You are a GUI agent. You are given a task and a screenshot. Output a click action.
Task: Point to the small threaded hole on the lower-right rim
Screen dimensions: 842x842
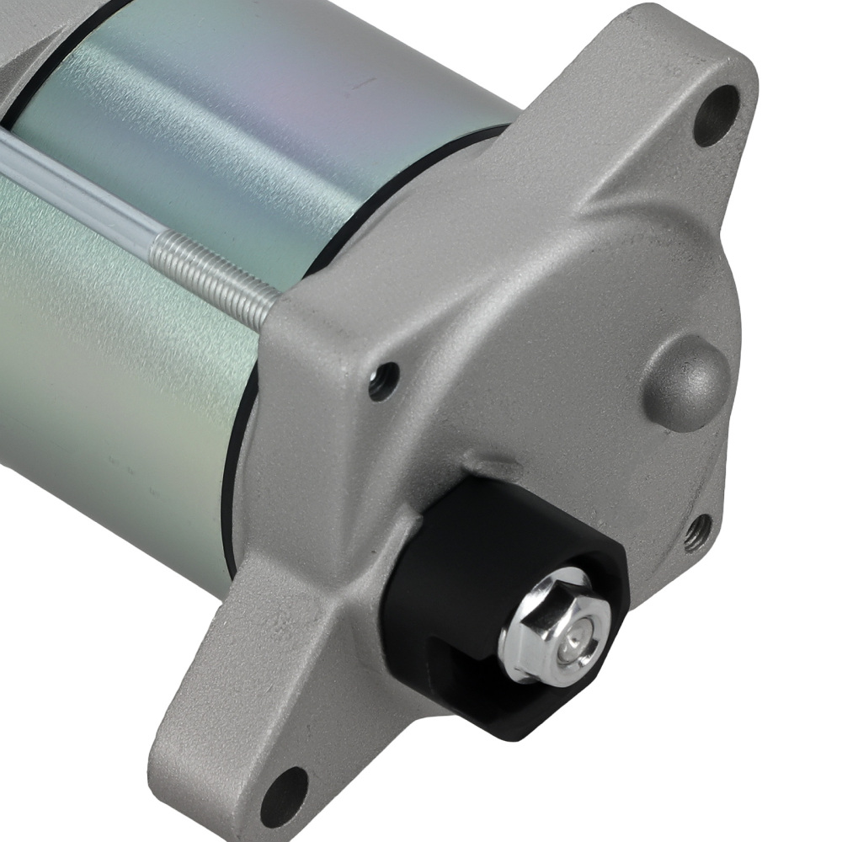697,533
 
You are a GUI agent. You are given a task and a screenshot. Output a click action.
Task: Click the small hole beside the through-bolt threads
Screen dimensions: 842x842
384,381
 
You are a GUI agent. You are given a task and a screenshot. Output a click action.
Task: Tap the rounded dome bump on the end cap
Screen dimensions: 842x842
686,383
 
